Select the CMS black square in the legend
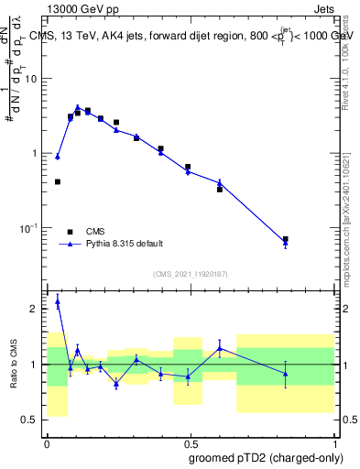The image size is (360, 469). [x=69, y=232]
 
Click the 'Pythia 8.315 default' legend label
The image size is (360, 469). [x=124, y=244]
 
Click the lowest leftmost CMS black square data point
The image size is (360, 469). [x=58, y=181]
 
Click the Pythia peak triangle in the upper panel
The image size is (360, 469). [x=78, y=107]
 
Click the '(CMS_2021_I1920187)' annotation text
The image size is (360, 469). [x=191, y=273]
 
